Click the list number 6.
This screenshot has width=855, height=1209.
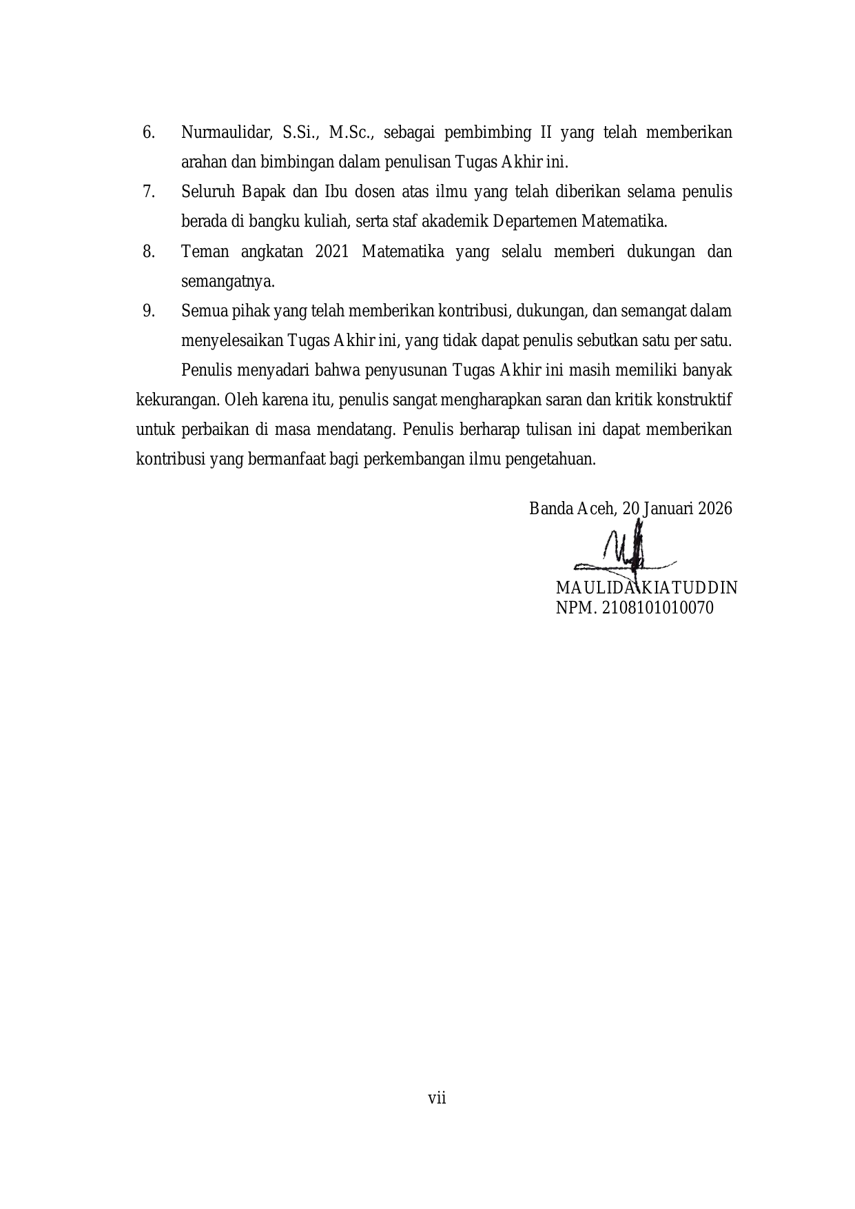pos(148,132)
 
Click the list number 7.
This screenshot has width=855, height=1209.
pos(148,192)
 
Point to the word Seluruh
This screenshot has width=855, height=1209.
pos(205,192)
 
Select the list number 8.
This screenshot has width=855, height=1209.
pos(148,252)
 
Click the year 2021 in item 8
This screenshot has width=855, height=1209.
pos(331,252)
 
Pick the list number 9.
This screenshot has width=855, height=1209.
pos(148,311)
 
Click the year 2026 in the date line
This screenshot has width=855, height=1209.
pos(714,509)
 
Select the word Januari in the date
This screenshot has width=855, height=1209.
pos(667,509)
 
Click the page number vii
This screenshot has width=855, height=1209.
pos(437,1098)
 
